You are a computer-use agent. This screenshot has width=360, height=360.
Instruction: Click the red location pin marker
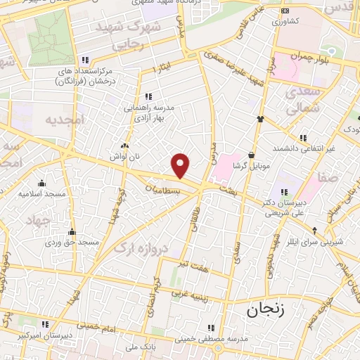click(x=181, y=166)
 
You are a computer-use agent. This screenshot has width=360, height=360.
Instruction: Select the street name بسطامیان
click(x=164, y=190)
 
